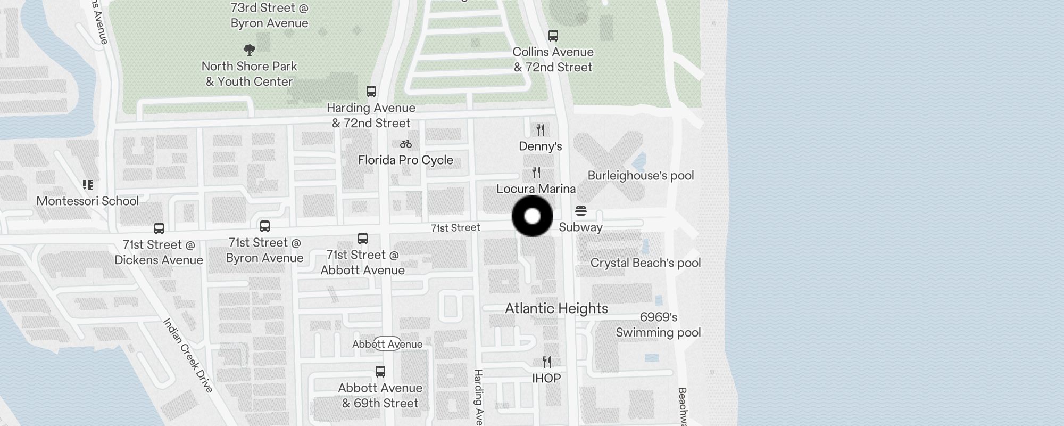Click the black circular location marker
pos(532,216)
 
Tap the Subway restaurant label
pos(580,227)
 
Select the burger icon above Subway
pos(581,211)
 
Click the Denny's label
pos(541,146)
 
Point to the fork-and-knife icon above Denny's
pos(541,130)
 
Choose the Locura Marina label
pos(536,189)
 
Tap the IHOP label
pos(546,379)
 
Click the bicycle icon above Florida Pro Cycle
pos(406,144)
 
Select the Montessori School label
pos(88,201)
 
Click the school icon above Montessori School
pos(88,185)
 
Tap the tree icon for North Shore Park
pos(249,51)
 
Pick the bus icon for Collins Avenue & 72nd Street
pos(553,36)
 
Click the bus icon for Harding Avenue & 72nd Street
pos(371,92)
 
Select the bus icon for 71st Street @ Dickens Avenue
pos(159,228)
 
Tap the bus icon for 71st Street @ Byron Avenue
pos(265,226)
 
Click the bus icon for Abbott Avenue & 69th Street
pos(380,372)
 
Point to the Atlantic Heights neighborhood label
pos(556,309)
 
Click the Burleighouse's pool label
pos(641,176)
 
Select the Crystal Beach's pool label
pos(645,263)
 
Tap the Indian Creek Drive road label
pos(188,355)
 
